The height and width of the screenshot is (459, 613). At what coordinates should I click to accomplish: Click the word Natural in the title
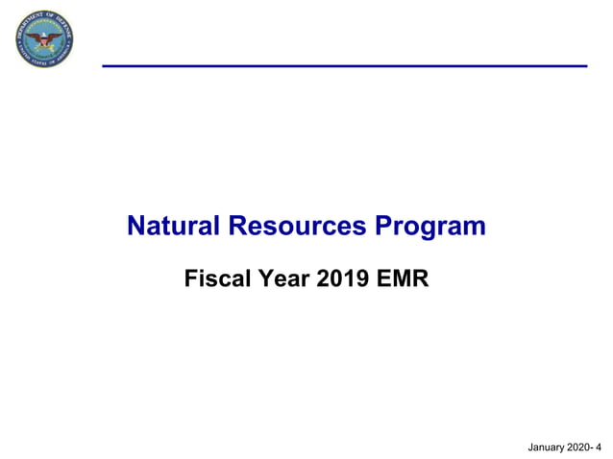[174, 227]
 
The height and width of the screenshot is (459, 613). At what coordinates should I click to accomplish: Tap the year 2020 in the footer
[579, 447]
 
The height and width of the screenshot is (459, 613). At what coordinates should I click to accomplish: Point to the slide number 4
[599, 447]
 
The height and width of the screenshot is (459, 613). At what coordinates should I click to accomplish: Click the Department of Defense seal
[44, 39]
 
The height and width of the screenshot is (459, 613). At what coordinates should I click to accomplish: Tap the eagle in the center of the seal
[44, 39]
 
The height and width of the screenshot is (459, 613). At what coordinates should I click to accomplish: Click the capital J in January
[531, 447]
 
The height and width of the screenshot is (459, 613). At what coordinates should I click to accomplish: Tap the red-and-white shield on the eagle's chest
[44, 41]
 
